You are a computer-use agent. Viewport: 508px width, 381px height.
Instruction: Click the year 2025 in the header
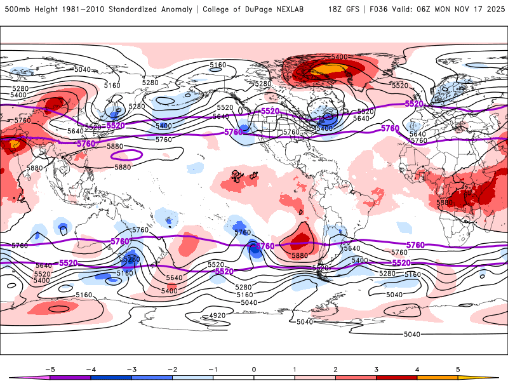tap(493, 10)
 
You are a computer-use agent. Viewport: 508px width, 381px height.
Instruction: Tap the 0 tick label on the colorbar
tap(253, 368)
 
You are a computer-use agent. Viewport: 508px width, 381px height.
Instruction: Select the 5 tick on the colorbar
tap(457, 368)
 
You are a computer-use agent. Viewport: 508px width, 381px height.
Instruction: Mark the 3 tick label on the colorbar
tap(376, 368)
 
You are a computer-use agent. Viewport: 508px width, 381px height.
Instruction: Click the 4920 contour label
tap(218, 316)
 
